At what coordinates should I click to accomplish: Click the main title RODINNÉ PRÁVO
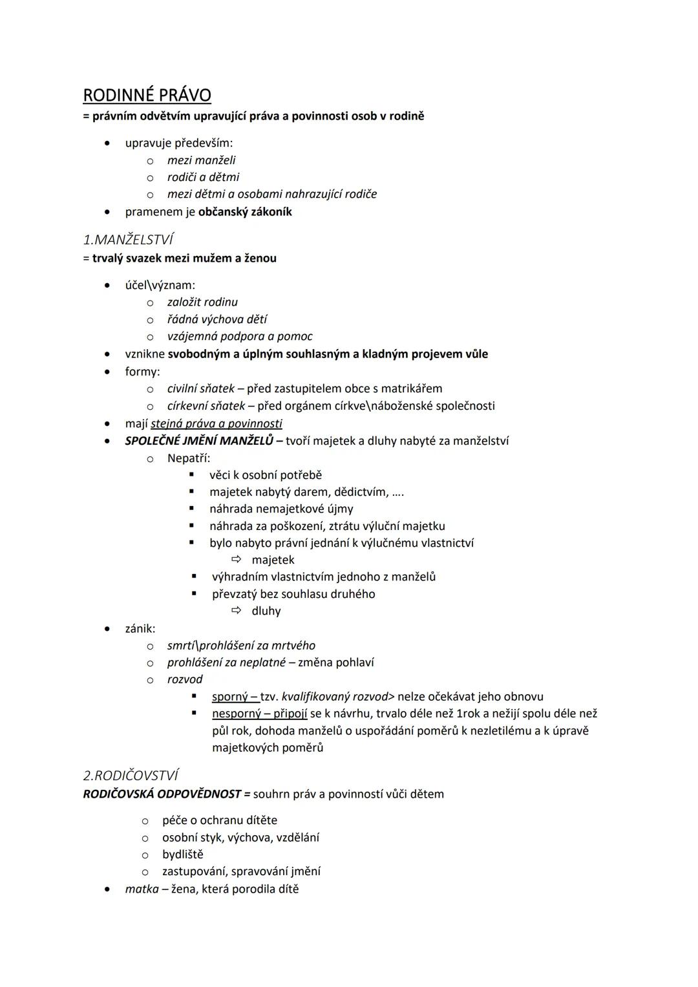pyautogui.click(x=147, y=96)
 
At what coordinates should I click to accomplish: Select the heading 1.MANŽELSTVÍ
pyautogui.click(x=128, y=240)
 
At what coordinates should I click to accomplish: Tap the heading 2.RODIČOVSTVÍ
pyautogui.click(x=131, y=775)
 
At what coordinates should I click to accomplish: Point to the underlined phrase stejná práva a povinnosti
pyautogui.click(x=217, y=424)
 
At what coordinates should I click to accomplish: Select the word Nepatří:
pyautogui.click(x=189, y=458)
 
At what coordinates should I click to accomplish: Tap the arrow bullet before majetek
pyautogui.click(x=237, y=559)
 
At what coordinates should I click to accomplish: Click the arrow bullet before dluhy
pyautogui.click(x=237, y=610)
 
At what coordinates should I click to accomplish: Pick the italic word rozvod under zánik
pyautogui.click(x=185, y=679)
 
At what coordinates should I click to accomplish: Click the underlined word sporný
pyautogui.click(x=230, y=697)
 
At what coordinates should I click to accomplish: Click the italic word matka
pyautogui.click(x=142, y=889)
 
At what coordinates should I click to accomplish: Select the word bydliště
pyautogui.click(x=183, y=854)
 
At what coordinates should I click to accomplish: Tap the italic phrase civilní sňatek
pyautogui.click(x=200, y=389)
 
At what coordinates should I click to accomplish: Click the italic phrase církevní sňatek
pyautogui.click(x=206, y=406)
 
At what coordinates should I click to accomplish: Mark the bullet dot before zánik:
pyautogui.click(x=107, y=628)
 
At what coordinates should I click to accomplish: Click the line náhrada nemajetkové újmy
pyautogui.click(x=281, y=509)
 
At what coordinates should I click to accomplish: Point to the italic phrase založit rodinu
pyautogui.click(x=202, y=302)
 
